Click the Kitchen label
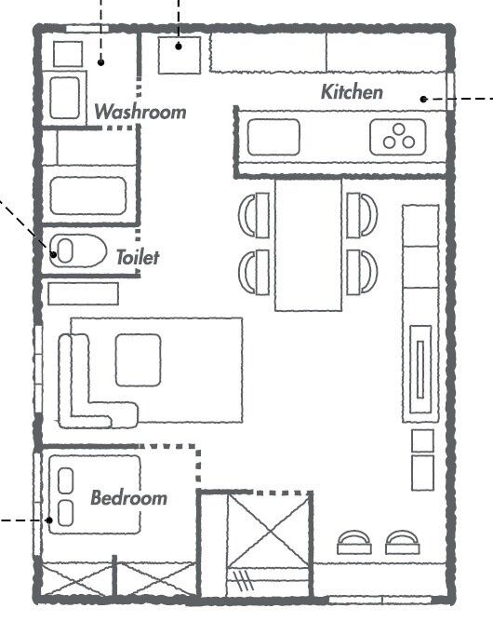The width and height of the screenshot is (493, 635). (352, 92)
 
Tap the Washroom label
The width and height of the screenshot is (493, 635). (140, 112)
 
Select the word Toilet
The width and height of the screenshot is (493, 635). (138, 257)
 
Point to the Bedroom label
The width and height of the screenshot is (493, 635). (128, 498)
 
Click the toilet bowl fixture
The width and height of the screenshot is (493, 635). (77, 251)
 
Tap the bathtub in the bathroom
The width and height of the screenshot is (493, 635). (88, 196)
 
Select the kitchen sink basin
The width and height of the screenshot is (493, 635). (273, 137)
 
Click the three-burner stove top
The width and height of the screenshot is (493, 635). (398, 137)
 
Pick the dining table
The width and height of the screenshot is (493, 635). (308, 245)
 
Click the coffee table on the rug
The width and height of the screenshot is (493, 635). (138, 360)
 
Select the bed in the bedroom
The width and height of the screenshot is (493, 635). (95, 494)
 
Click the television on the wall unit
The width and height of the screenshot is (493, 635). (420, 370)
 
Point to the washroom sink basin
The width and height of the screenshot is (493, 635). (65, 98)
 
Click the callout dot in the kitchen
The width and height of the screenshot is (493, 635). (423, 99)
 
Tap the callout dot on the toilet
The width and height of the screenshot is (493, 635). (53, 254)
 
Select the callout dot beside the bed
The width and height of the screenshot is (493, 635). (49, 520)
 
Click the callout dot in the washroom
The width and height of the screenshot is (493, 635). (100, 62)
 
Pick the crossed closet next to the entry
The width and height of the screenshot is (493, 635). (268, 531)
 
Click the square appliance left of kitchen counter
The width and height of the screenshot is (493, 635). (180, 56)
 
